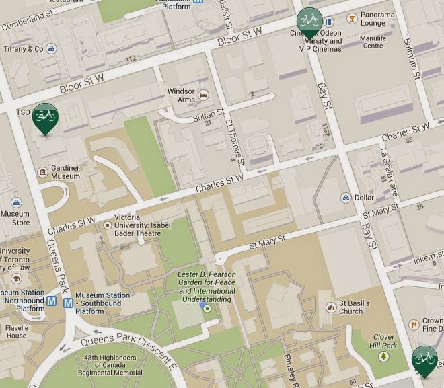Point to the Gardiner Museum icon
[42, 172]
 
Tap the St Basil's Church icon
[330, 307]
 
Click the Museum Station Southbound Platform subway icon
[68, 303]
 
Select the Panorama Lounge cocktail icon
[350, 18]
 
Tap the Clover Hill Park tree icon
[384, 356]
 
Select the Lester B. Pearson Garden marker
[207, 309]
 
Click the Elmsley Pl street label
[291, 366]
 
